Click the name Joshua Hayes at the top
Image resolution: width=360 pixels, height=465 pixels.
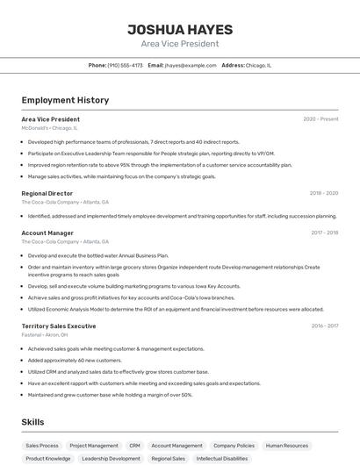pyautogui.click(x=179, y=29)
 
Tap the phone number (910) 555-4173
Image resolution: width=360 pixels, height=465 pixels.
pyautogui.click(x=126, y=65)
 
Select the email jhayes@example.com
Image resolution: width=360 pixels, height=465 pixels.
pyautogui.click(x=190, y=65)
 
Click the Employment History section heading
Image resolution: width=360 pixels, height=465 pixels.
pyautogui.click(x=65, y=100)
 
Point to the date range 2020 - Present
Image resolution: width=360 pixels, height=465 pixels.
pyautogui.click(x=320, y=118)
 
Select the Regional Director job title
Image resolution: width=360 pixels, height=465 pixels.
pyautogui.click(x=47, y=193)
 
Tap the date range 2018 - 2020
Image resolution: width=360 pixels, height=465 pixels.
pyautogui.click(x=323, y=193)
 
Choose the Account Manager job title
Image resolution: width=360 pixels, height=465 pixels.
pyautogui.click(x=47, y=232)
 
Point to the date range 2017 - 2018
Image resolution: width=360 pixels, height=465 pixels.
pyautogui.click(x=324, y=232)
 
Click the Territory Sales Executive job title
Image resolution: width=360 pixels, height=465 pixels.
pyautogui.click(x=59, y=325)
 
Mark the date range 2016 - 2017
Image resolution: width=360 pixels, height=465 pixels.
pyautogui.click(x=324, y=325)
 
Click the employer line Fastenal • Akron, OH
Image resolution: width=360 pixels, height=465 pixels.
pyautogui.click(x=45, y=334)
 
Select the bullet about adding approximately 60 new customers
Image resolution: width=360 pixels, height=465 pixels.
pyautogui.click(x=75, y=360)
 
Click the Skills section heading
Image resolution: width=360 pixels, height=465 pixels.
pyautogui.click(x=33, y=422)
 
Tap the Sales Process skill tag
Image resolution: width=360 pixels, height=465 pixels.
pyautogui.click(x=42, y=445)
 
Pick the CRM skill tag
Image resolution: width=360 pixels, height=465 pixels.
pyautogui.click(x=134, y=445)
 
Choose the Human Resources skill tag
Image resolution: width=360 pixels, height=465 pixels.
pyautogui.click(x=287, y=445)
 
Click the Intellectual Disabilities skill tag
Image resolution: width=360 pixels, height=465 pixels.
pyautogui.click(x=222, y=458)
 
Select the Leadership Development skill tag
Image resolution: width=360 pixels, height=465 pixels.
pyautogui.click(x=111, y=458)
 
